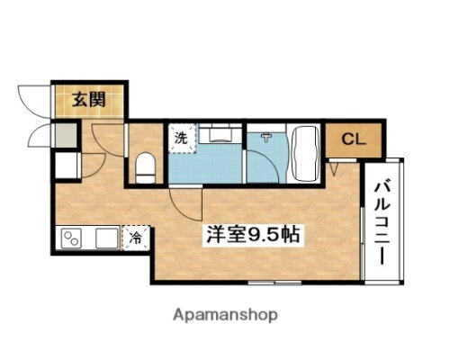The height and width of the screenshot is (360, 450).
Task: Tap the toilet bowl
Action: click(145, 166)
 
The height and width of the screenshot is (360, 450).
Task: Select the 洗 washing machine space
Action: click(181, 139)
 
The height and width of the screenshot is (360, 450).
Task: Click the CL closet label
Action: click(352, 139)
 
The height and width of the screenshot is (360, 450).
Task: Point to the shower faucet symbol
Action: click(267, 137)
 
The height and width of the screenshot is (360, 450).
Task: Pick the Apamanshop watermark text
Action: click(224, 315)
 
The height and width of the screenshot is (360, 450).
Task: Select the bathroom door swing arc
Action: click(261, 166)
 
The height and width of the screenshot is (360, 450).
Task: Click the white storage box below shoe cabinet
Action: click(65, 166)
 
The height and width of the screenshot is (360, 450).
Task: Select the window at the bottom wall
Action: click(270, 282)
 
